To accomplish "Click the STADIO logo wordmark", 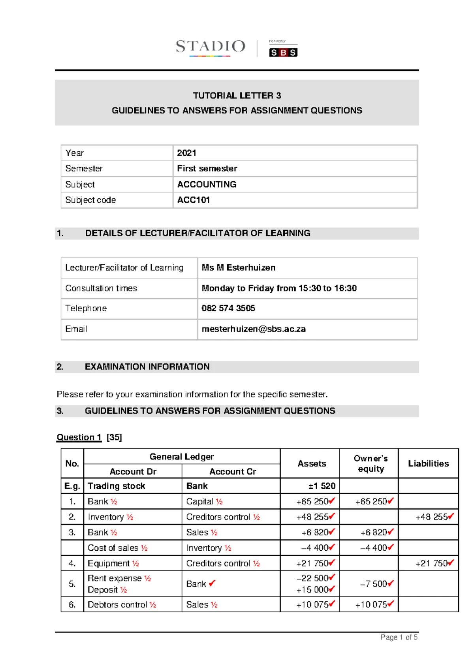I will click(211, 47).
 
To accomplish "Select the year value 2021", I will click(186, 153).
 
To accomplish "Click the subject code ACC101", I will click(193, 200).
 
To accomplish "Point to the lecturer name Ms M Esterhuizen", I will click(238, 268).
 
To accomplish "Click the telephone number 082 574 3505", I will click(228, 308).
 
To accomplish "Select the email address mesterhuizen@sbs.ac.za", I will click(253, 329).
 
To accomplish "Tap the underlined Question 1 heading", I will click(79, 437).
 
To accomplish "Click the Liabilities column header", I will click(428, 463).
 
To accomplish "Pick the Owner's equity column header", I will click(370, 463).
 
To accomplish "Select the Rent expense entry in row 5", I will click(114, 578).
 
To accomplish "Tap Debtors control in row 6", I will click(117, 605).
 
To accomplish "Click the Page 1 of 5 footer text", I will click(399, 637).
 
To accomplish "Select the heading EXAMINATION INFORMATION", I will click(147, 367).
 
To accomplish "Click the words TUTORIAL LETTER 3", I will click(237, 96).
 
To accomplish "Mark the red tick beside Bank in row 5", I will click(212, 583).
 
